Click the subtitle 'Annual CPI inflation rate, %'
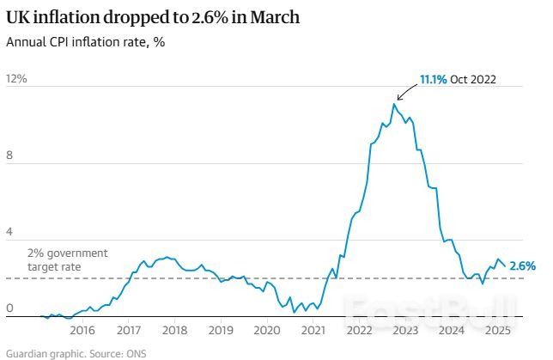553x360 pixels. (86, 42)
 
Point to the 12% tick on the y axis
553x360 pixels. (17, 79)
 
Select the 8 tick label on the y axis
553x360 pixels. (10, 156)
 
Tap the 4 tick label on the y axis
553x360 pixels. (10, 233)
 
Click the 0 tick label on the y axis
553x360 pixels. (10, 308)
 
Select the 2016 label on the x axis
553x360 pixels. (82, 330)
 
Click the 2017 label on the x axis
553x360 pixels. (128, 330)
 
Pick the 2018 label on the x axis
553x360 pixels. (174, 330)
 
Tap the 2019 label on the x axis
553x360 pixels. (221, 330)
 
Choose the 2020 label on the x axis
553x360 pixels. (267, 330)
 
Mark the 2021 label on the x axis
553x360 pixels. (313, 330)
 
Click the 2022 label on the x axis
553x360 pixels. (360, 330)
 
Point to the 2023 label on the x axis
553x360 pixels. (405, 330)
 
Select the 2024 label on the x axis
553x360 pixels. (452, 330)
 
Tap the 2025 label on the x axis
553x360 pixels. (498, 330)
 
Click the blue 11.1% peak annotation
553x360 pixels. (433, 80)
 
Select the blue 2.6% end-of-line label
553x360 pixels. (522, 266)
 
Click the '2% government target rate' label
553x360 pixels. (67, 260)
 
